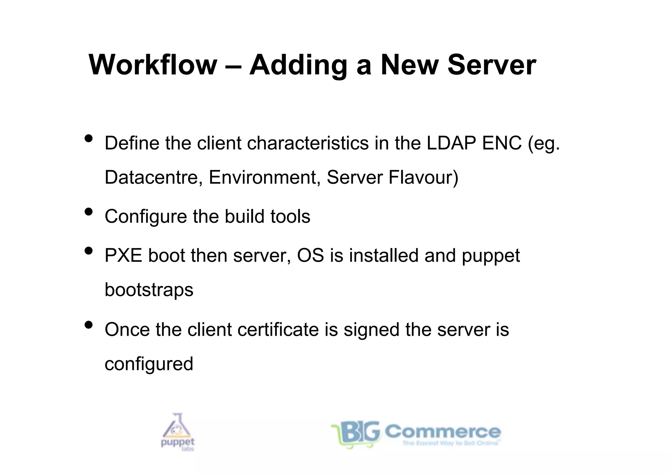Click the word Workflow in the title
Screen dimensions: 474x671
click(x=153, y=65)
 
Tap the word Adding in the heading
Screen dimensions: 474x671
click(x=298, y=66)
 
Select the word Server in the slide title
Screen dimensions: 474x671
click(x=491, y=65)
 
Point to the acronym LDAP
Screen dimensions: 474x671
click(x=451, y=143)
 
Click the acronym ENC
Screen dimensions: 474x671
click(x=502, y=143)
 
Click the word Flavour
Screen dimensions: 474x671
click(x=423, y=177)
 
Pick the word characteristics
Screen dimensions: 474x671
click(x=308, y=143)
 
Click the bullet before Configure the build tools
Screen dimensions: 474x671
click(x=88, y=212)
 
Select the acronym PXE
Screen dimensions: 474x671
click(x=124, y=256)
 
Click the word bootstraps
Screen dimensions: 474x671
click(x=149, y=290)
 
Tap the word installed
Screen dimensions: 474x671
click(x=384, y=256)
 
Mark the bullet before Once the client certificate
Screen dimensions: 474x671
click(x=88, y=325)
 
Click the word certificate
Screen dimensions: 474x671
click(x=278, y=330)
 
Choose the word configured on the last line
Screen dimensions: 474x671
click(x=149, y=364)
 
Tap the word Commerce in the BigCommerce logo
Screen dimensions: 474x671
click(x=443, y=431)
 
